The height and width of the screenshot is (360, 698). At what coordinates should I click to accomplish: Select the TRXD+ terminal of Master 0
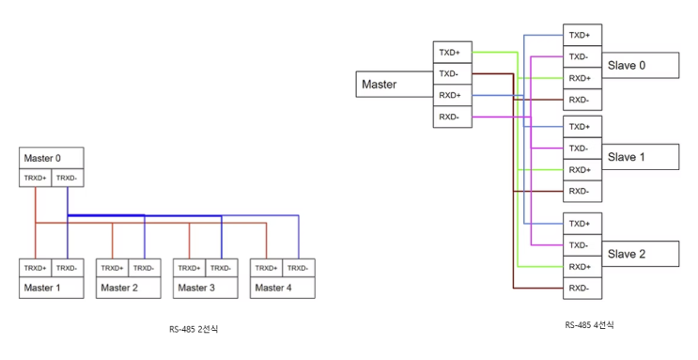35,178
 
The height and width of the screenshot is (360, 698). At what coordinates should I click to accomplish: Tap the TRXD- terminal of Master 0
68,178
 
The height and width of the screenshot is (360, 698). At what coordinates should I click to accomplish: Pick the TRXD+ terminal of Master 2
112,268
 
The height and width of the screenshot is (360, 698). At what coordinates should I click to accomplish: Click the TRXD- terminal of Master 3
222,268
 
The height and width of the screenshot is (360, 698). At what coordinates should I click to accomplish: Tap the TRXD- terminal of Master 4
299,268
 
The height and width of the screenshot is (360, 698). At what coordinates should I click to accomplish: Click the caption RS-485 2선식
194,329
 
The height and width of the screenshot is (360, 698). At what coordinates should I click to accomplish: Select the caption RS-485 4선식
589,325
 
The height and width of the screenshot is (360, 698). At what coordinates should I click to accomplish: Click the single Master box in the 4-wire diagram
395,85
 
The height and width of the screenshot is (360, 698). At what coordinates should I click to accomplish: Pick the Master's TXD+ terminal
452,53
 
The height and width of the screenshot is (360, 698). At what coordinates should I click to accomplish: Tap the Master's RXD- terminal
452,117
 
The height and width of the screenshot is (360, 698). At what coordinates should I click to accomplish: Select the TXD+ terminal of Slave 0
582,35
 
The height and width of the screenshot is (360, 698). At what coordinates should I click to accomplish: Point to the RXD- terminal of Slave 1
582,191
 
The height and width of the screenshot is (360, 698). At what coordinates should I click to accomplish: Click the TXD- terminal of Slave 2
582,245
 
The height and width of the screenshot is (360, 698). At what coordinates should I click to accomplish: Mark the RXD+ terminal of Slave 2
582,267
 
